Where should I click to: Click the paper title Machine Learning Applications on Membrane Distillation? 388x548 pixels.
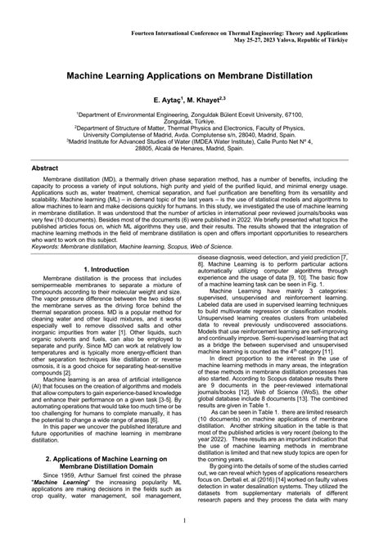tap(194, 75)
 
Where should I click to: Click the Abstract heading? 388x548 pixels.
tap(44, 167)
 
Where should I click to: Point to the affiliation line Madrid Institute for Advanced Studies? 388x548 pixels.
tap(193, 141)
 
